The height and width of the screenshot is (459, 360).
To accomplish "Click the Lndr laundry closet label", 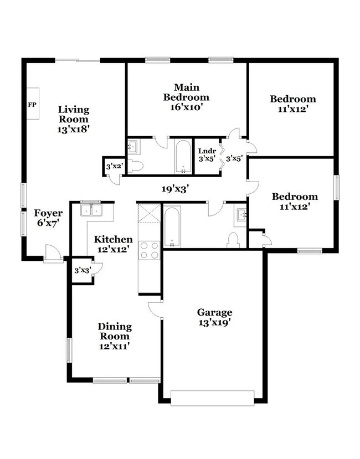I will click(x=207, y=150).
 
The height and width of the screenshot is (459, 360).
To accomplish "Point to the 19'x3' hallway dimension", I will click(x=176, y=189).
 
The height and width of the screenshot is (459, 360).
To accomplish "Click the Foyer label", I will click(x=48, y=213).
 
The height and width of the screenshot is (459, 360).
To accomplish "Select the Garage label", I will click(x=215, y=312).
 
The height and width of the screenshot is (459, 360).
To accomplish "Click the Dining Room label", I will click(x=114, y=331).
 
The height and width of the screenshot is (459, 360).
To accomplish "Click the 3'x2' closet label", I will click(x=113, y=164).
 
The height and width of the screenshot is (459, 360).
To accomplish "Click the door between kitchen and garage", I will click(x=156, y=310).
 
